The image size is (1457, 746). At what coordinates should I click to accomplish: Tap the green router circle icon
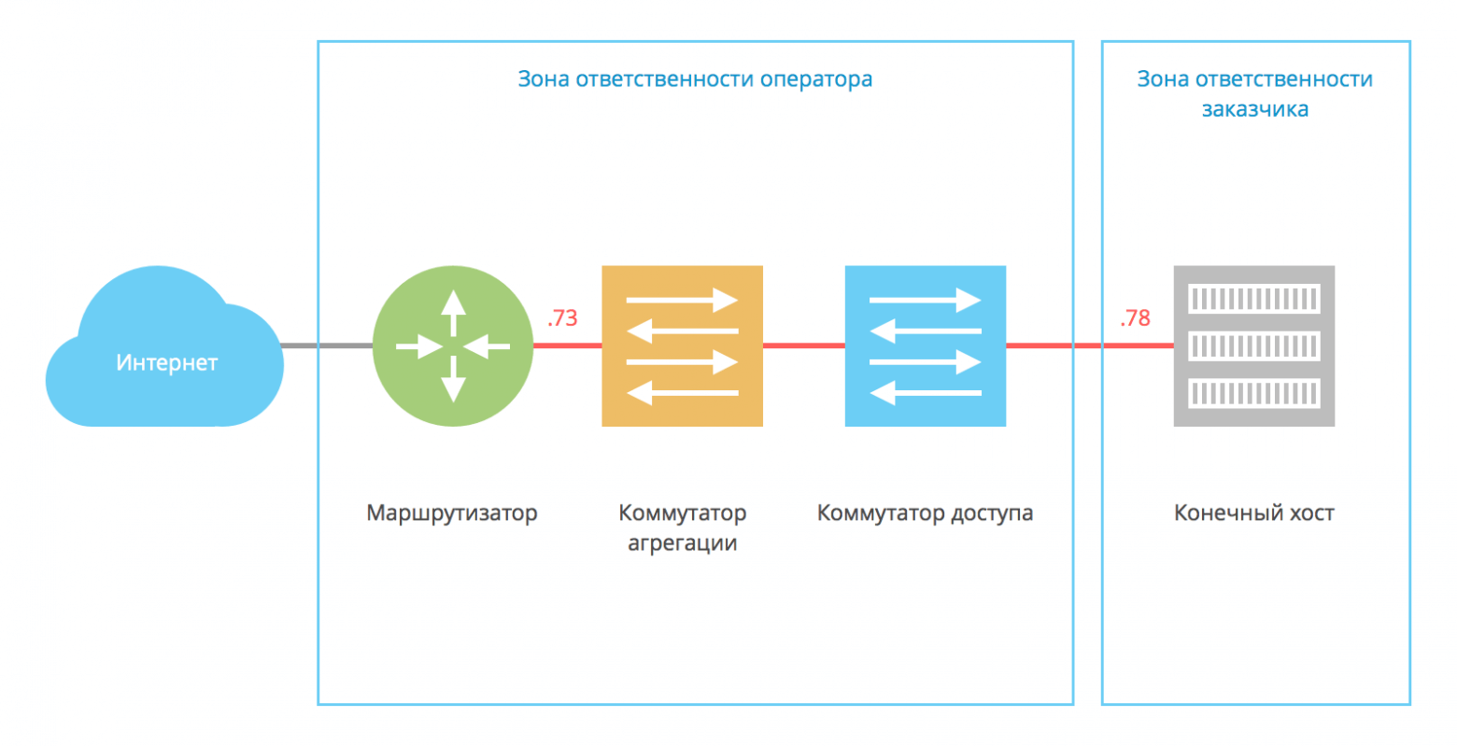click(453, 346)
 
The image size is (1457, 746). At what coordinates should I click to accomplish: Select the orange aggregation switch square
click(682, 346)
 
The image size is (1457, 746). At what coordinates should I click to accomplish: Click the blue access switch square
click(925, 346)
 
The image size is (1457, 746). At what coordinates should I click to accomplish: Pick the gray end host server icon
click(1253, 346)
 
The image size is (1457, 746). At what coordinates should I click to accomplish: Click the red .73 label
click(562, 318)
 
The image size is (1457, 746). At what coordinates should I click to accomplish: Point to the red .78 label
click(1135, 318)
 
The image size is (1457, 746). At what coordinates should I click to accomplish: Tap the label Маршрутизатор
click(452, 514)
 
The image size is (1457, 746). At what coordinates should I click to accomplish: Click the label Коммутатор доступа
click(925, 514)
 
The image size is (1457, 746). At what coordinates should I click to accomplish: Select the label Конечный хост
click(1253, 514)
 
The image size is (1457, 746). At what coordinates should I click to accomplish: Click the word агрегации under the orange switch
click(682, 543)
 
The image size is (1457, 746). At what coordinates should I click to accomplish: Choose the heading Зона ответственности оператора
click(695, 79)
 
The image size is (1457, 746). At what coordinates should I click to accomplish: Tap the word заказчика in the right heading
click(1254, 109)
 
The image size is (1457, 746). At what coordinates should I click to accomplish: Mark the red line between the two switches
click(803, 346)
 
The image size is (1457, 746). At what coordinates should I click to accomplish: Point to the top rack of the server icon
click(1253, 299)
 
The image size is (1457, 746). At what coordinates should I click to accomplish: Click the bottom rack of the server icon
click(1253, 393)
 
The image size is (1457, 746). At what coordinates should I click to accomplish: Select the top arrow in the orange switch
click(682, 301)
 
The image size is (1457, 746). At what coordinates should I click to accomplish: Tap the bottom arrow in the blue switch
click(925, 394)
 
